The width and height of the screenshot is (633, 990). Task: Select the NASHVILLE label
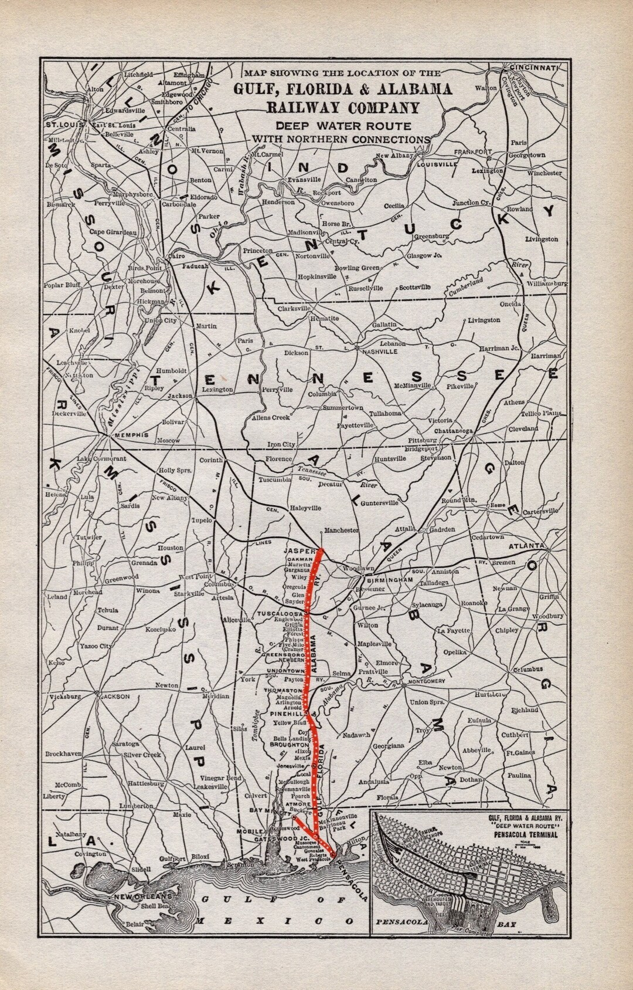coord(380,351)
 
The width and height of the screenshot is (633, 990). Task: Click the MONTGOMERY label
coord(428,681)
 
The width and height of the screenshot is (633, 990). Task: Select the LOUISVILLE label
coord(437,165)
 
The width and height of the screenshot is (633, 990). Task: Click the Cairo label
coord(176,256)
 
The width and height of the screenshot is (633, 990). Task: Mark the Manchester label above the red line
coord(341,530)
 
